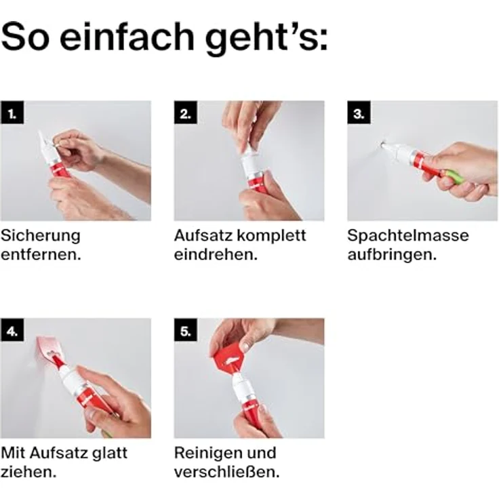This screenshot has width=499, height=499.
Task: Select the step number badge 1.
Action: point(12,113)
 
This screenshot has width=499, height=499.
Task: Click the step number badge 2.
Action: point(185,113)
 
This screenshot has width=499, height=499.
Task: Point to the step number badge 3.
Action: point(359,113)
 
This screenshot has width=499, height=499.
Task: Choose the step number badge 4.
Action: point(12,330)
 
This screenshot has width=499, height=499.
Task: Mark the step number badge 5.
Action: point(185,330)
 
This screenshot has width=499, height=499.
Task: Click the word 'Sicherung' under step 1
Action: point(40,237)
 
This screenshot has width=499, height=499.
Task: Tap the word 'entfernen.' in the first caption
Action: point(41,256)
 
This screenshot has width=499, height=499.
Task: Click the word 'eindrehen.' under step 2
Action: point(216,256)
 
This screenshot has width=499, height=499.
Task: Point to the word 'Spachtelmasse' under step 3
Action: point(408,237)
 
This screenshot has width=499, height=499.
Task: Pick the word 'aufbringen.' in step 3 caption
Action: point(391,256)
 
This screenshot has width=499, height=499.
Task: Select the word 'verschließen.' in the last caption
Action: point(226,472)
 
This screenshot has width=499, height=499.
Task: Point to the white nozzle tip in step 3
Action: point(387,145)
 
